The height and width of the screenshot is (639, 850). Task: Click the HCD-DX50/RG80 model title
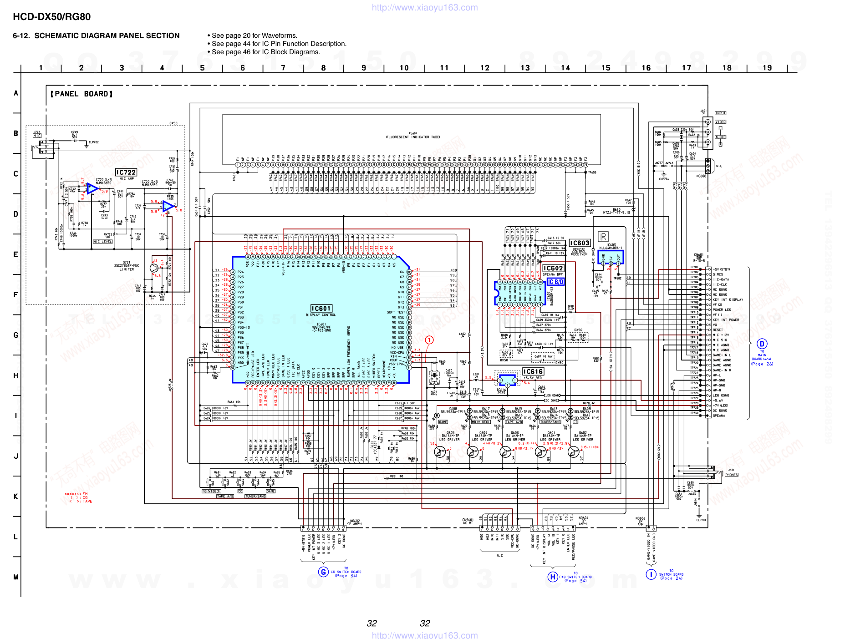point(51,17)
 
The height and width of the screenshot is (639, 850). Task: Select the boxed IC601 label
point(321,309)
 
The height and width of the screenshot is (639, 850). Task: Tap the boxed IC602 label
point(553,269)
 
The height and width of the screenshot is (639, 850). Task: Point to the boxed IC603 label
point(580,243)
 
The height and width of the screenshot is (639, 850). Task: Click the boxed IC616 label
point(533,372)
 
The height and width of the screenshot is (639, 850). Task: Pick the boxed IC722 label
point(126,172)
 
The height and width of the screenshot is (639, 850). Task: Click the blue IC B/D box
point(555,282)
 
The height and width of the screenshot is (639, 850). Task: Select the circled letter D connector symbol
point(762,344)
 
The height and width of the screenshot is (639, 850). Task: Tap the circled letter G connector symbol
point(323,572)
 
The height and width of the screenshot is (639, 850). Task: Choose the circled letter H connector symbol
point(553,577)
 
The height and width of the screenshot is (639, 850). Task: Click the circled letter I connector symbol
point(651,574)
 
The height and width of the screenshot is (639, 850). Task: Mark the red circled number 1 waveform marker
point(429,340)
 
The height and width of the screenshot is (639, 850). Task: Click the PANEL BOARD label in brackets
point(81,94)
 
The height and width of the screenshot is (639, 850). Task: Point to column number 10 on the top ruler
point(404,68)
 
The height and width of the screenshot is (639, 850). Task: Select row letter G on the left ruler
point(16,335)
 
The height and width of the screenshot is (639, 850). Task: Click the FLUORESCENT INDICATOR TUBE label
point(412,137)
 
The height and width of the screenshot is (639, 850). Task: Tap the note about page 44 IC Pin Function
point(279,44)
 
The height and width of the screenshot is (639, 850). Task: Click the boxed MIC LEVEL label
point(102,242)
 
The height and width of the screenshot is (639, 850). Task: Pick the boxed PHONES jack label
point(731,475)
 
